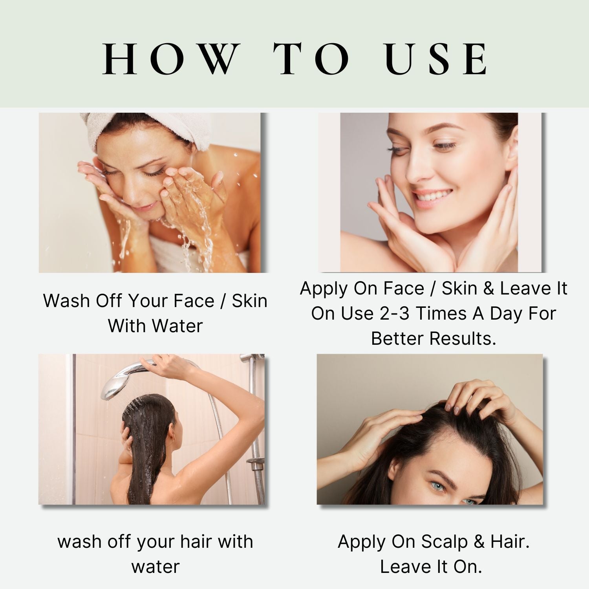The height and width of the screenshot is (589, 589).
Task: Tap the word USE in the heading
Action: (437, 60)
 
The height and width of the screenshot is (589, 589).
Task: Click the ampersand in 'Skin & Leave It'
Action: (488, 289)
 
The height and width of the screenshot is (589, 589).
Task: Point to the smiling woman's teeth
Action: (434, 195)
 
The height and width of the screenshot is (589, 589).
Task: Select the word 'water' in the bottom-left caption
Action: (155, 567)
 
